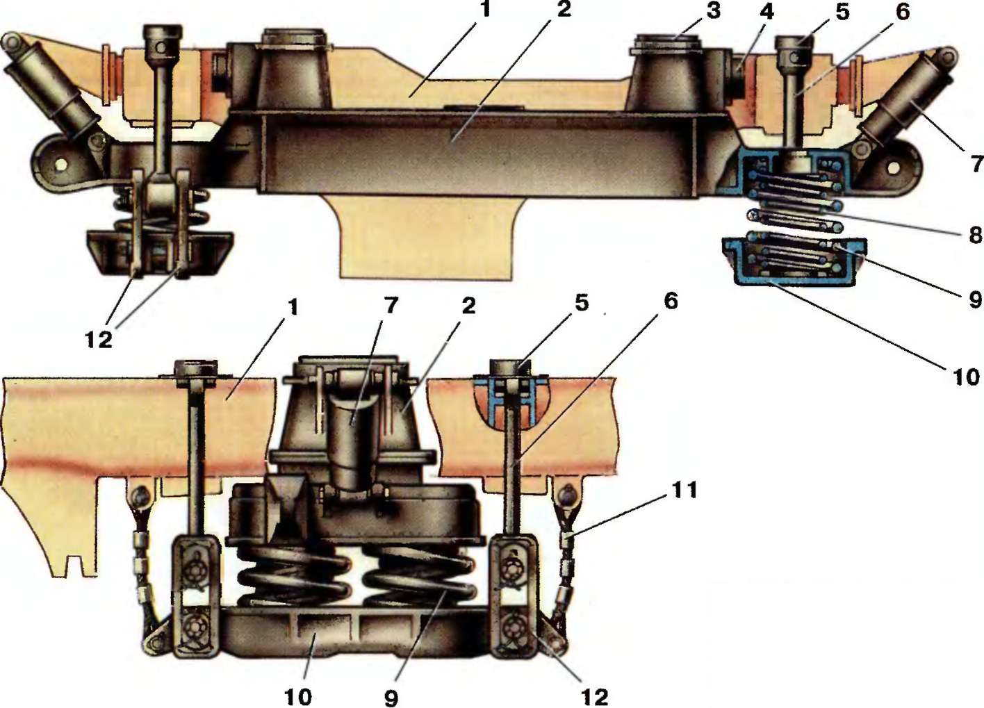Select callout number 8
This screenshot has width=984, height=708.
(975, 234)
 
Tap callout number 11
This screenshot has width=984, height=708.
(684, 491)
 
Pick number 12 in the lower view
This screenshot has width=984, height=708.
(594, 695)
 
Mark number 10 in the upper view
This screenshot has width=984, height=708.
(966, 377)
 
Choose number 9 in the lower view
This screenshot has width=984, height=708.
(391, 697)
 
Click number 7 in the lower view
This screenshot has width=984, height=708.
(392, 305)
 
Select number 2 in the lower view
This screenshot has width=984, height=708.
(469, 305)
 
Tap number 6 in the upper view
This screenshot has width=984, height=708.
(903, 11)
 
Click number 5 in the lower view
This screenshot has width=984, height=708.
(582, 302)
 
